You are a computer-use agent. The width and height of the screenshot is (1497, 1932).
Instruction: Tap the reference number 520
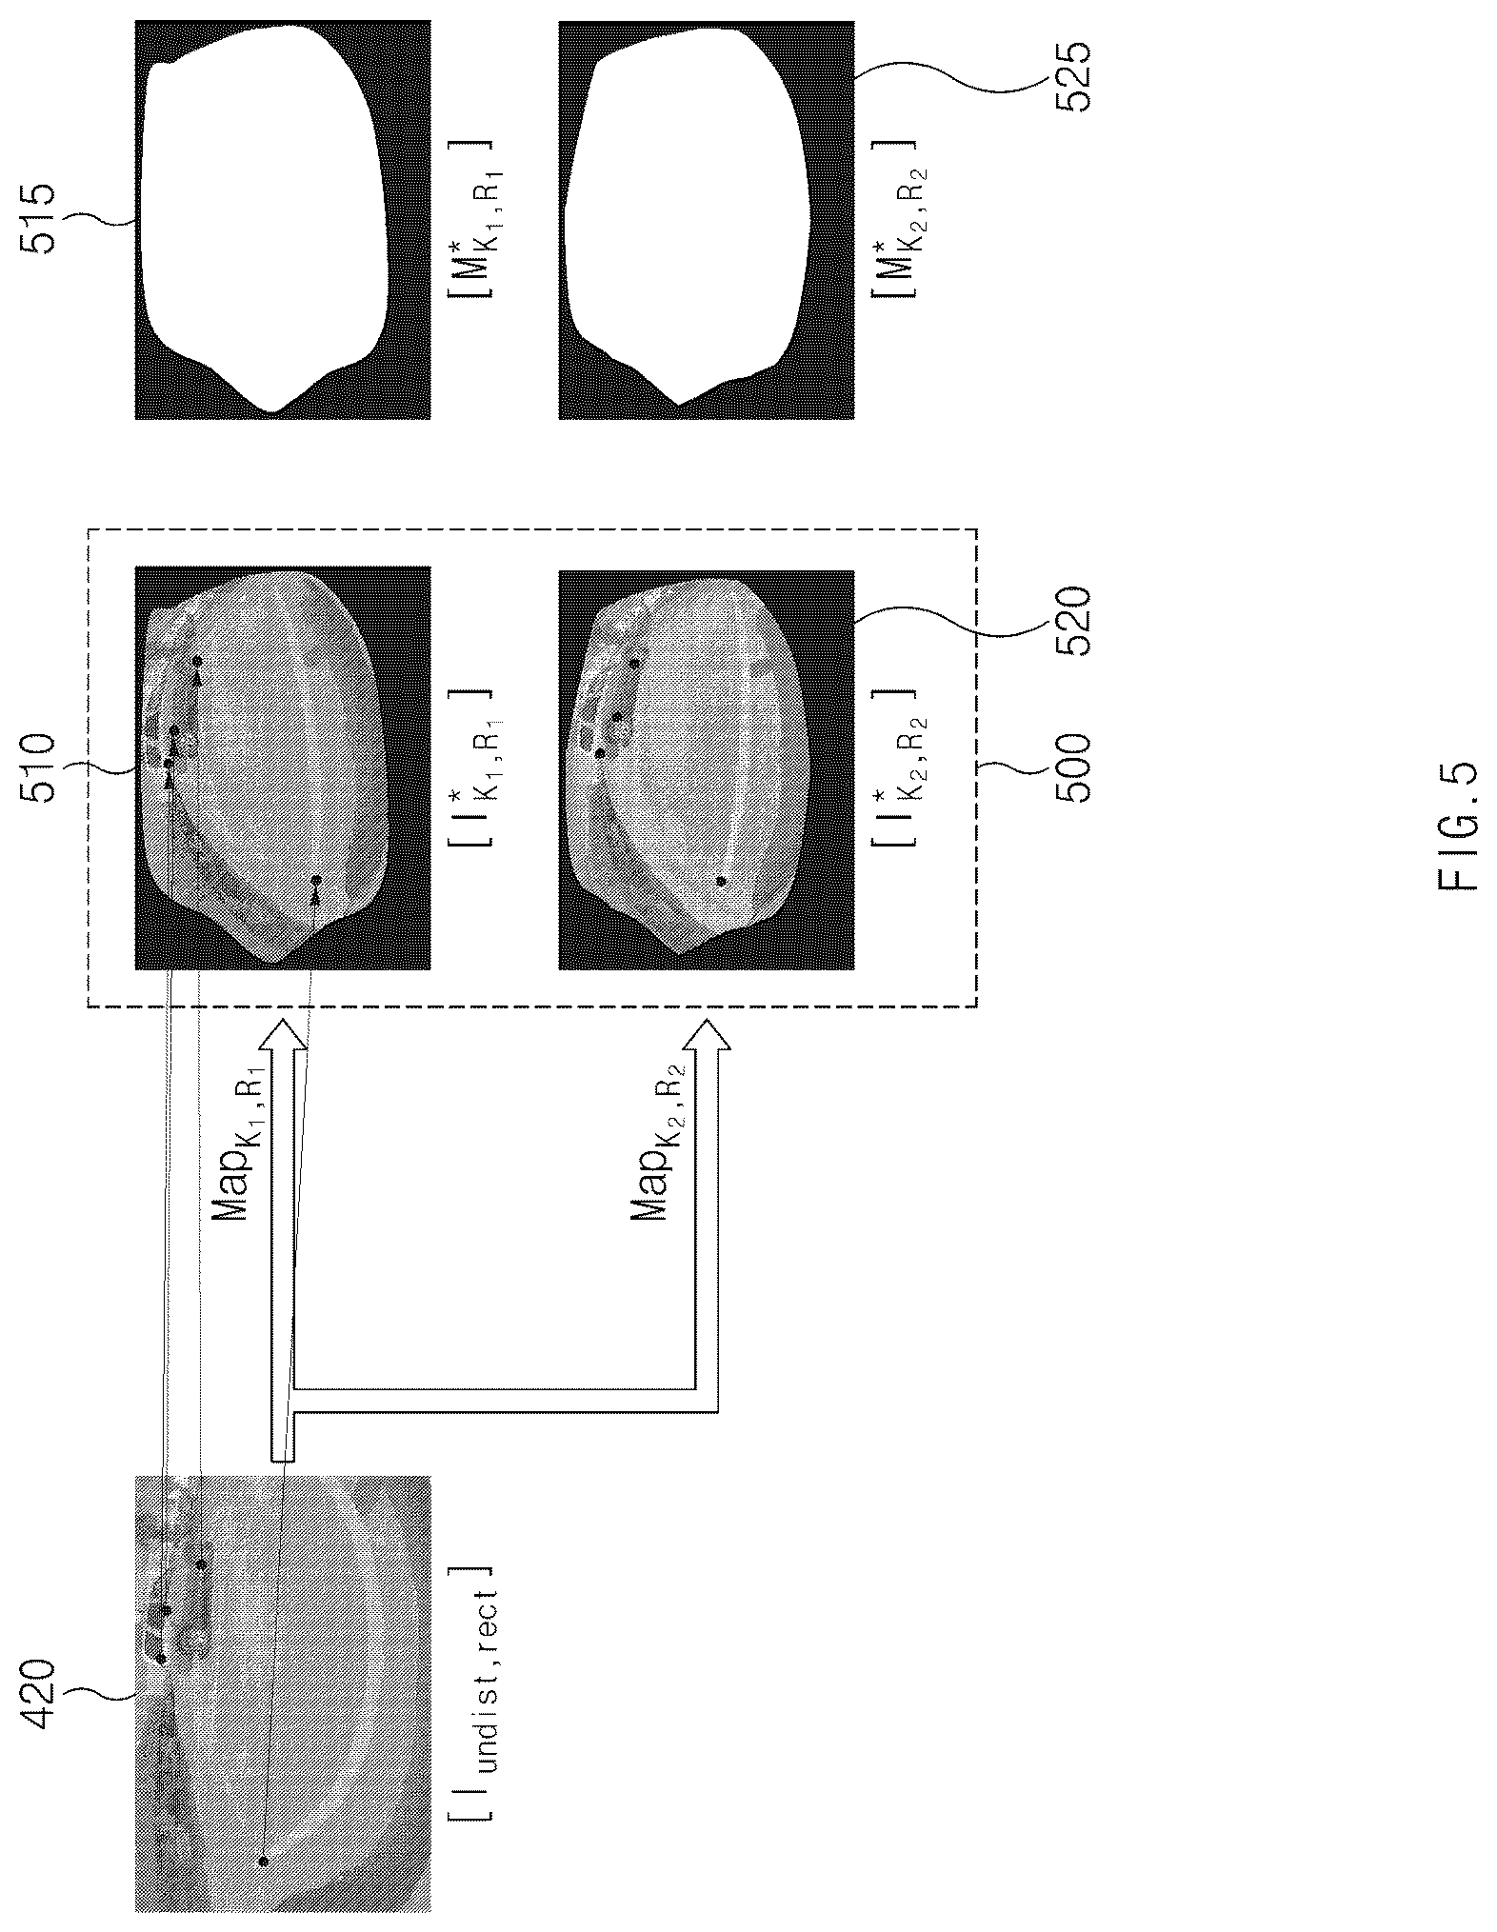coord(1066,622)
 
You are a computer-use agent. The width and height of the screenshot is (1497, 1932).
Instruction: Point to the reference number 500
coord(1066,766)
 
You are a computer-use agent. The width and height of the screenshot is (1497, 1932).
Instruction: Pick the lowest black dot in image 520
coord(722,881)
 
